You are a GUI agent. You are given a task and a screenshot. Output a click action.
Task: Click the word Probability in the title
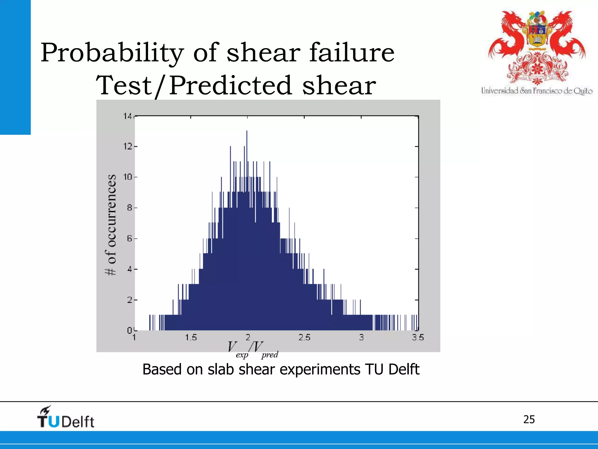(x=112, y=53)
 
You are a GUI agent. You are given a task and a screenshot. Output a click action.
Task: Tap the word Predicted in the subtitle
(x=230, y=85)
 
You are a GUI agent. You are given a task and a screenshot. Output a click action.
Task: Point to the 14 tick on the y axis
(x=128, y=116)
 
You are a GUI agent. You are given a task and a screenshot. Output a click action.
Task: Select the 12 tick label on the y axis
(x=128, y=146)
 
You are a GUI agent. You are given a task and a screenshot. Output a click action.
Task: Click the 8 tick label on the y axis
(x=129, y=208)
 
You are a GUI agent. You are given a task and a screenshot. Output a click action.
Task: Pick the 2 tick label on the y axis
(x=129, y=300)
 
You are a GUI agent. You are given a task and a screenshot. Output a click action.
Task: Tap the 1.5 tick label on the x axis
(x=191, y=338)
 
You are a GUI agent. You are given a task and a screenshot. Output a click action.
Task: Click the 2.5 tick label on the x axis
(x=304, y=338)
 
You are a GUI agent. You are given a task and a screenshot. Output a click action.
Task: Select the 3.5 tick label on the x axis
(x=418, y=338)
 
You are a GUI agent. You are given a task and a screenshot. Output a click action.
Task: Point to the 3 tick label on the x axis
(x=361, y=338)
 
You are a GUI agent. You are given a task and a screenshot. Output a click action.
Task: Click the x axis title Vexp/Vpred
(x=253, y=350)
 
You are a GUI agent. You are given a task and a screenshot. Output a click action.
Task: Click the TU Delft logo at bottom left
(x=66, y=417)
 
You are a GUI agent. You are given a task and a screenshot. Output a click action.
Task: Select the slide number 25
(x=529, y=419)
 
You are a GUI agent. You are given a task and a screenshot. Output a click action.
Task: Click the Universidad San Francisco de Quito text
(x=537, y=91)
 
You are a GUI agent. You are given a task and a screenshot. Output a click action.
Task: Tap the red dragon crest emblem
(x=537, y=47)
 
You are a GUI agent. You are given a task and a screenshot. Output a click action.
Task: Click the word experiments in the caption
(x=320, y=369)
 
